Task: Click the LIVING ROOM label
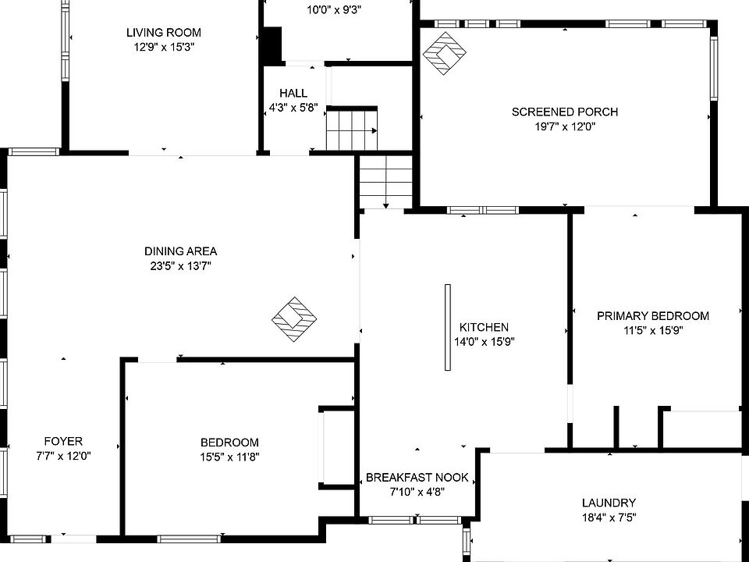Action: click(164, 33)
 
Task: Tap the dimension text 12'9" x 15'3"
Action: click(164, 47)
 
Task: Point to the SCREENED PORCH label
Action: click(565, 112)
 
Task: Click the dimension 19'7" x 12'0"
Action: click(565, 126)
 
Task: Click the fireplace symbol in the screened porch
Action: click(445, 54)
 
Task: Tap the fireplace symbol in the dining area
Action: click(295, 319)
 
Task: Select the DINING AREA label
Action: click(180, 251)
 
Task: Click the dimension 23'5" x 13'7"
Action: click(180, 265)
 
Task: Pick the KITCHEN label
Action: click(484, 328)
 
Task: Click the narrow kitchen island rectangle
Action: click(448, 327)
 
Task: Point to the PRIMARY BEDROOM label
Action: click(653, 316)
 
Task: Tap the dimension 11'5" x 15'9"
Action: click(653, 330)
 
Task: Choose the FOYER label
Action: click(64, 441)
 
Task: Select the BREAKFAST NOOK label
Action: click(417, 478)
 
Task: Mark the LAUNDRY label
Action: click(609, 503)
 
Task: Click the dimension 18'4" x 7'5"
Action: click(609, 517)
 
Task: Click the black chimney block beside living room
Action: click(271, 45)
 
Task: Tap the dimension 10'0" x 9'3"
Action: click(334, 10)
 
